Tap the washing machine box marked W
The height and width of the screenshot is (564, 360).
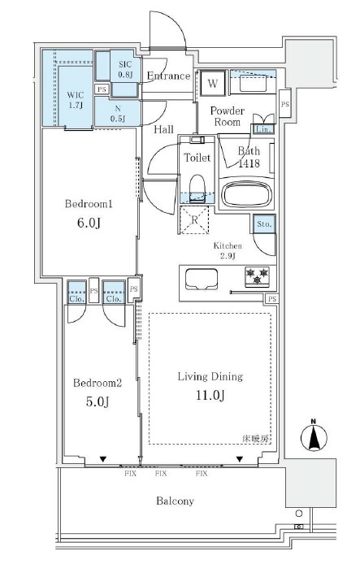point(213,83)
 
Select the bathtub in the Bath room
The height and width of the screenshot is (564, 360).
point(246,194)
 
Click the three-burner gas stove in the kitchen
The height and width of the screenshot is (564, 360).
point(257,276)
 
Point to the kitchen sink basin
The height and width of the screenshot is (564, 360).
point(202,279)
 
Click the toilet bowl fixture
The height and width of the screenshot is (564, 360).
point(197,187)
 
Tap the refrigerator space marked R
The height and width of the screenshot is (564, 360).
point(194,220)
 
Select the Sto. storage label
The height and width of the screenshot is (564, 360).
point(264,223)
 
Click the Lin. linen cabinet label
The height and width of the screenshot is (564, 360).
point(263,129)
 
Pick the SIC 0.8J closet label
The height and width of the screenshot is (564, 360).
point(125,70)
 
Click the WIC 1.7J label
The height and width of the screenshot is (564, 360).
point(76,100)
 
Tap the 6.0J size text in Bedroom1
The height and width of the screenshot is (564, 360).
point(89,223)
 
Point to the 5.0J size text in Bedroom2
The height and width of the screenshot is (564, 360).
point(97,401)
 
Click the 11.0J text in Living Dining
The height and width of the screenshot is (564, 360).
point(210,395)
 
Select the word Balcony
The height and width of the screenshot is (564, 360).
point(176,501)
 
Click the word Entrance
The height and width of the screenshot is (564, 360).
point(169,76)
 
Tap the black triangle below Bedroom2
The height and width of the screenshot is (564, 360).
point(103,459)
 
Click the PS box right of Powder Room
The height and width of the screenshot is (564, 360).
point(285,104)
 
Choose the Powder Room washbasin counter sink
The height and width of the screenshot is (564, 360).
point(253,85)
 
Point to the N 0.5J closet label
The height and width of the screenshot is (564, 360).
point(118,114)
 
